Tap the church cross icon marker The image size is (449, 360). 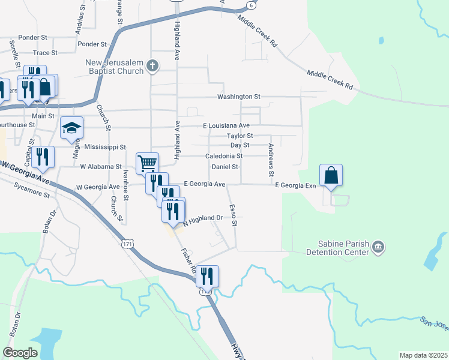pyautogui.click(x=152, y=65)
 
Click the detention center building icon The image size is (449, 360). pyautogui.click(x=378, y=246)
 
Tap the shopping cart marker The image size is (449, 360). pyautogui.click(x=147, y=162)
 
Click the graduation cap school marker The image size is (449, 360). pyautogui.click(x=71, y=127)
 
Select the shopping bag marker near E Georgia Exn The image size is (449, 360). pyautogui.click(x=331, y=175)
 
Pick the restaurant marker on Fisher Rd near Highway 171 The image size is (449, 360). pyautogui.click(x=207, y=276)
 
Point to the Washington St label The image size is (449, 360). pyautogui.click(x=239, y=96)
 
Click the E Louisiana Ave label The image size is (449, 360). pyautogui.click(x=226, y=125)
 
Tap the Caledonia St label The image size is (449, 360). pyautogui.click(x=224, y=155)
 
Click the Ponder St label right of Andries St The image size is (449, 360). pyautogui.click(x=92, y=44)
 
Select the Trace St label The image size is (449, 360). pyautogui.click(x=45, y=53)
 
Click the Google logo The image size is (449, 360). pyautogui.click(x=20, y=352)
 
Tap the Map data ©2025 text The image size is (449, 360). pyautogui.click(x=423, y=355)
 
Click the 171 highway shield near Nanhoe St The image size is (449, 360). pyautogui.click(x=126, y=244)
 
